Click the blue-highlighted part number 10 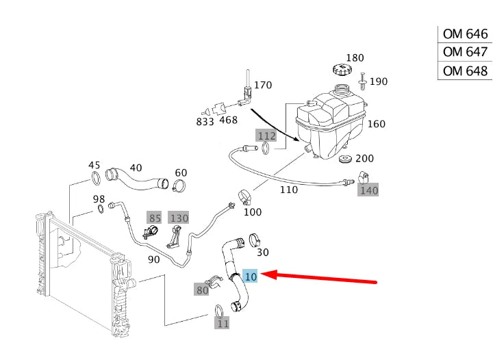[251, 277]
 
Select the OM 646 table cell [465, 34]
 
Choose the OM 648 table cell [465, 71]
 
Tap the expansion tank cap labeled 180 [340, 69]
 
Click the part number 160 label [377, 124]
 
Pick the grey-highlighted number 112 [266, 136]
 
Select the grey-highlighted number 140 [369, 190]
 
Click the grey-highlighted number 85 [155, 218]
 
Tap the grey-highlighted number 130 [179, 218]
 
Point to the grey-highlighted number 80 [202, 290]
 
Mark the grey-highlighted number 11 [223, 322]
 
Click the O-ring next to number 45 [97, 180]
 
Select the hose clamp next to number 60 [180, 185]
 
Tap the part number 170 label [263, 86]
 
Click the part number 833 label [205, 121]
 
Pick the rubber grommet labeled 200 [347, 162]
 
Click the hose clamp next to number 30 [255, 240]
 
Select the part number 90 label [153, 259]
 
